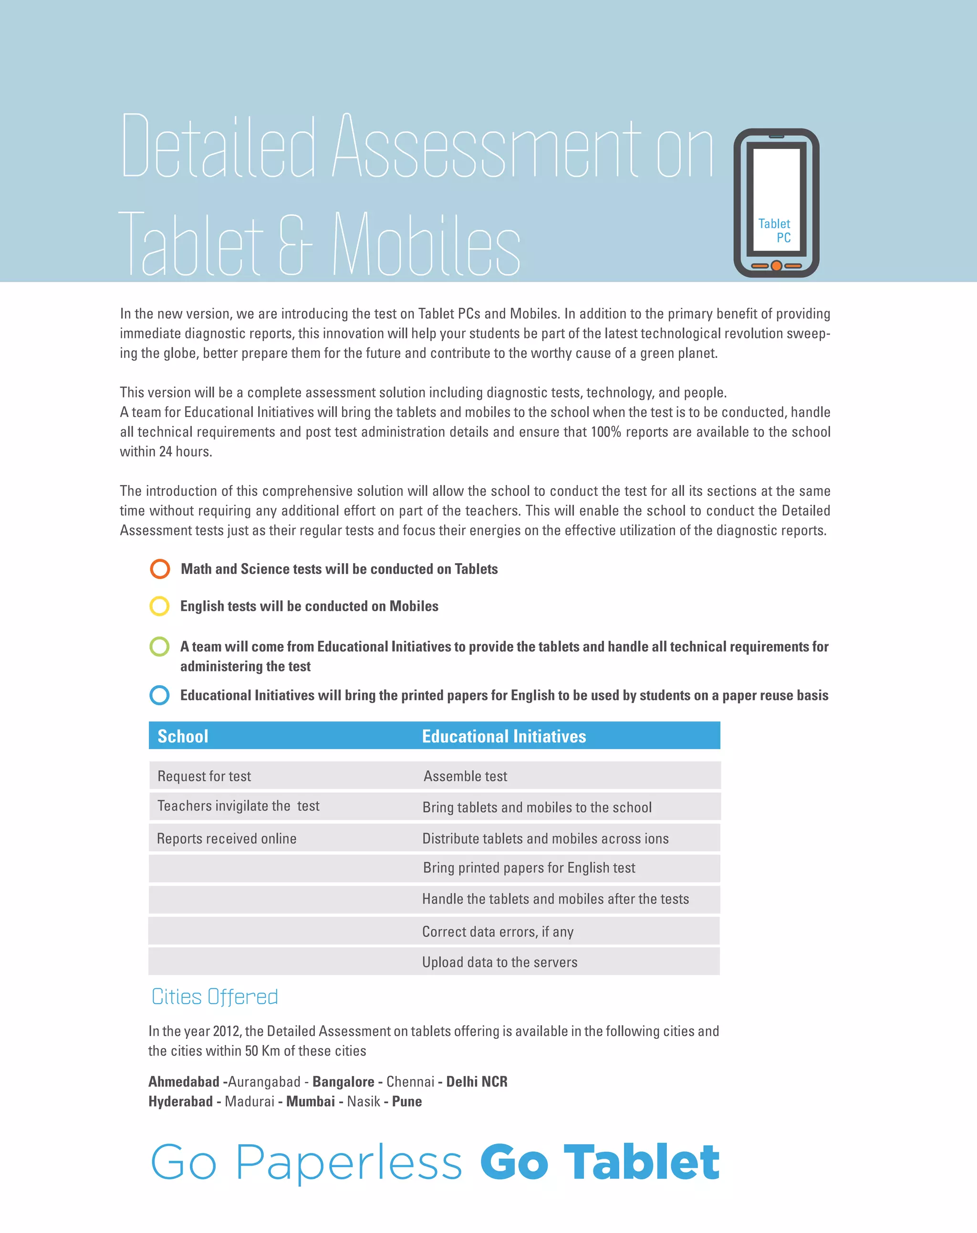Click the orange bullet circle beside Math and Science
(x=160, y=569)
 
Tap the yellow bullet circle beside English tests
(x=159, y=606)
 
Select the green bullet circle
(x=159, y=647)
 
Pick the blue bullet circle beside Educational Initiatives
(x=159, y=695)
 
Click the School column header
(x=183, y=736)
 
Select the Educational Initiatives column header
(x=504, y=736)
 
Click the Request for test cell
(x=204, y=776)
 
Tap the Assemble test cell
(x=465, y=776)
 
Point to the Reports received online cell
(x=227, y=838)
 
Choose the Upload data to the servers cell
(x=499, y=962)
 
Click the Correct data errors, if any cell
(x=498, y=931)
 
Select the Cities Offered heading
(x=215, y=997)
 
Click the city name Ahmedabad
(x=184, y=1081)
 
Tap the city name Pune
(x=407, y=1101)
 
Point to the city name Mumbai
(x=311, y=1101)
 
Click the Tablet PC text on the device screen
(x=775, y=230)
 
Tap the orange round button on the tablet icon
(x=776, y=266)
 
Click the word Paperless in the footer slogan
(x=348, y=1163)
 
